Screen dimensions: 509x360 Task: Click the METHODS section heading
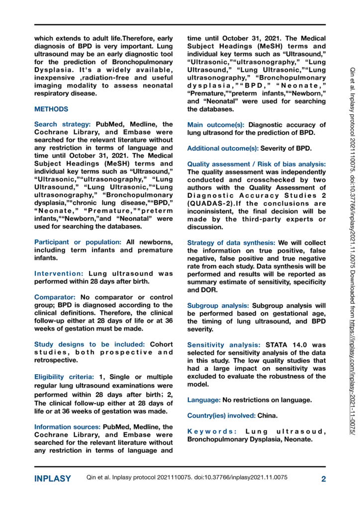click(x=51, y=108)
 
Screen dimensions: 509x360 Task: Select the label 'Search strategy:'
click(x=62, y=124)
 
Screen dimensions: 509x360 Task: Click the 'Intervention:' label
click(x=59, y=273)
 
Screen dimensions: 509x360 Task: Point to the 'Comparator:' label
click(x=55, y=297)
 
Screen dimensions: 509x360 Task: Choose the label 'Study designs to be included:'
click(x=89, y=344)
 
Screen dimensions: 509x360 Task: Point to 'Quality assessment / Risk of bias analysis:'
click(x=257, y=164)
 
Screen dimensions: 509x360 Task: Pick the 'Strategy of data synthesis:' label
click(x=231, y=243)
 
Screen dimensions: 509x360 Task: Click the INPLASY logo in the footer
click(x=52, y=479)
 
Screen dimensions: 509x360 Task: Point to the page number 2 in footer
click(x=323, y=479)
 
